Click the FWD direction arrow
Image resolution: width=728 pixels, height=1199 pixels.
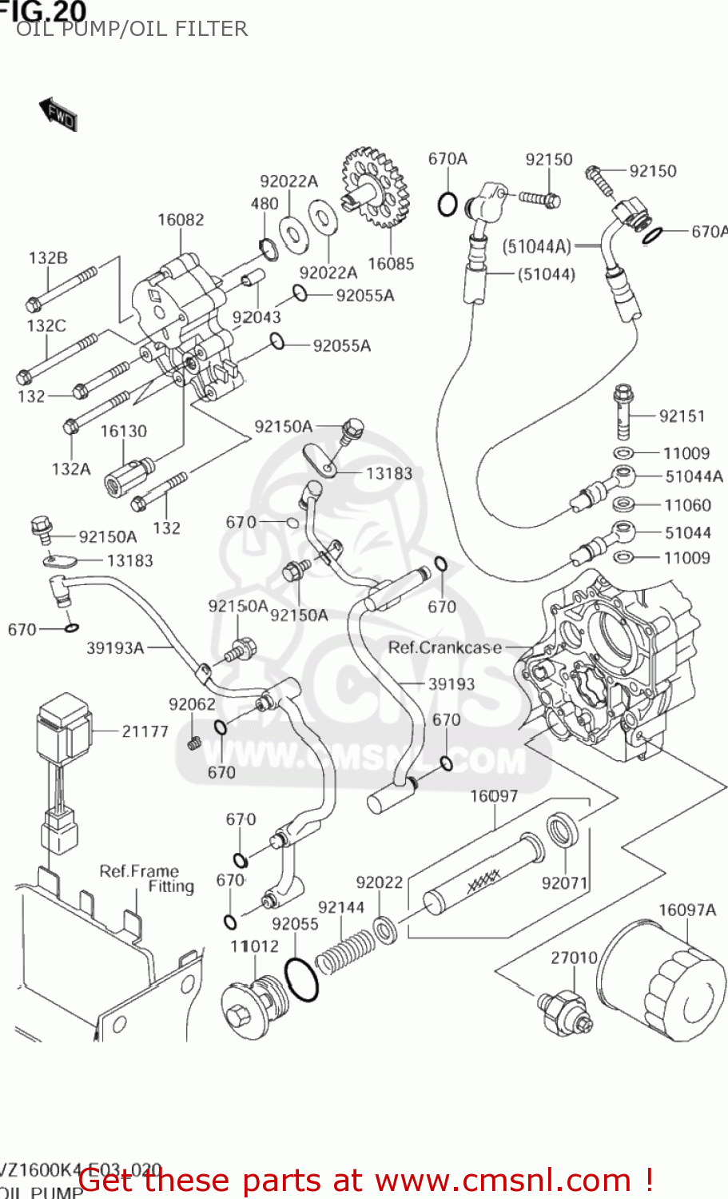pos(58,115)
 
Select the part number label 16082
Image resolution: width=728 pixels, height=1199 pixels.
pos(181,220)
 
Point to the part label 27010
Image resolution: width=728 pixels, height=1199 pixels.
pos(574,958)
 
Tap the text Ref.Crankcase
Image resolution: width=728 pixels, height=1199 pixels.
pos(444,647)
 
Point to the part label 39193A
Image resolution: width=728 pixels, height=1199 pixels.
pos(115,648)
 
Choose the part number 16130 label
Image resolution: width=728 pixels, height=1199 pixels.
pos(123,432)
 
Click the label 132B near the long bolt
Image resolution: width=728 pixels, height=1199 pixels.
pos(48,258)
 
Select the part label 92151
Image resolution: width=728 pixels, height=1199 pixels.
pos(682,416)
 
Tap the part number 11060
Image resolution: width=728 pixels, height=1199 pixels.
pos(687,505)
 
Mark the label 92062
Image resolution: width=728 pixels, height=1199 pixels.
pos(192,704)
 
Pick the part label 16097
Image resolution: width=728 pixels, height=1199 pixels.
pos(494,796)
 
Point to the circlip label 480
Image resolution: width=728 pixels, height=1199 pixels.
pos(265,204)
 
